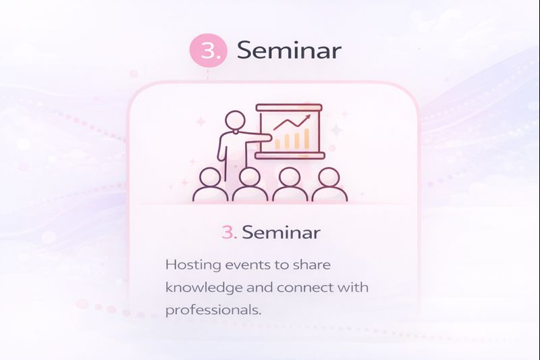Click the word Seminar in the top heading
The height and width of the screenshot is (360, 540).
[x=289, y=51]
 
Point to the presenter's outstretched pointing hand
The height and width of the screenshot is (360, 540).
[x=267, y=138]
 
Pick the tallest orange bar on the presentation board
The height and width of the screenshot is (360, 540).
[x=307, y=138]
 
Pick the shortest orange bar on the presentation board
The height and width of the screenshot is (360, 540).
[x=277, y=143]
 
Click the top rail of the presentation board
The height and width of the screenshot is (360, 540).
[x=289, y=107]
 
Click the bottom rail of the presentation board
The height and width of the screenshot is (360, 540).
[x=289, y=155]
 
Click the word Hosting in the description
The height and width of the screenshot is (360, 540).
[x=190, y=265]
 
